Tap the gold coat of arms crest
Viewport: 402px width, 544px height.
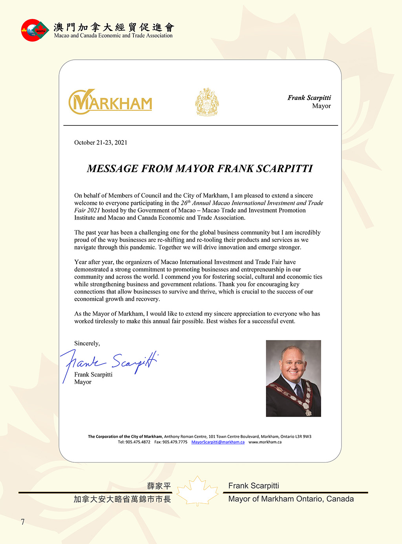(207, 102)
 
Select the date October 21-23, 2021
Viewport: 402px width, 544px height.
(100, 143)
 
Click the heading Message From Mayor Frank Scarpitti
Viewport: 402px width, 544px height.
(200, 169)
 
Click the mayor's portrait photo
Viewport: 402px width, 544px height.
(293, 378)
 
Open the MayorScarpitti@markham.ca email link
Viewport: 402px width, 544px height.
(218, 442)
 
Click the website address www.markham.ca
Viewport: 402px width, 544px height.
(265, 442)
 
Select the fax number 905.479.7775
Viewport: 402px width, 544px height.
(175, 442)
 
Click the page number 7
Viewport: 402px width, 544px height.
(23, 522)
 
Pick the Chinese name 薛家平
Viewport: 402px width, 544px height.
(159, 486)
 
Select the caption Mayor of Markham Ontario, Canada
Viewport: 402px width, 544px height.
(291, 499)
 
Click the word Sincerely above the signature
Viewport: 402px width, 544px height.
(87, 344)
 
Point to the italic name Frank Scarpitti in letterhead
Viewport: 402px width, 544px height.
(309, 98)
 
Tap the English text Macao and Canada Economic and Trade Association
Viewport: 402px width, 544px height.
(113, 36)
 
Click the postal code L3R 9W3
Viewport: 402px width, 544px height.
(303, 437)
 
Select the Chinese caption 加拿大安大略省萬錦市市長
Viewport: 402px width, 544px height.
(122, 499)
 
